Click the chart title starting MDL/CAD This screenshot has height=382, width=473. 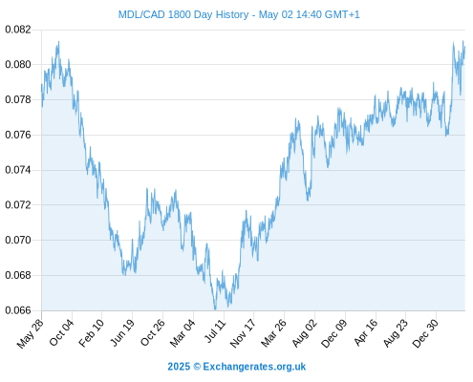[239, 14]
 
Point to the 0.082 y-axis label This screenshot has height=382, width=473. [18, 30]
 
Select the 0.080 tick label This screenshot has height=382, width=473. [18, 65]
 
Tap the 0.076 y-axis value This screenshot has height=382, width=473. [18, 135]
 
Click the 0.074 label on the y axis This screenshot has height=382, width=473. [18, 170]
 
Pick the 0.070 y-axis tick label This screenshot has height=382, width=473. [18, 240]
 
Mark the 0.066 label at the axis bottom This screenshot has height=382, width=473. [18, 310]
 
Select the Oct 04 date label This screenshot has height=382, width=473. [61, 332]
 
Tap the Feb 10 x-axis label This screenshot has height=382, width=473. [92, 332]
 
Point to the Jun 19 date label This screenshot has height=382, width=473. [122, 332]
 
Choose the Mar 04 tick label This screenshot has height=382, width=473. [183, 333]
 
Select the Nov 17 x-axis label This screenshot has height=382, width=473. [243, 333]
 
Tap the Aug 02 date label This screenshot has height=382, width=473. [305, 333]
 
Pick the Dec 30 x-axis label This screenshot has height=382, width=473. [425, 333]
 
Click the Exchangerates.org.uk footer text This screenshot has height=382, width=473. [254, 367]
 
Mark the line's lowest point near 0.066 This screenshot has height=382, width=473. [215, 308]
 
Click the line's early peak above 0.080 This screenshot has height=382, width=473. [58, 42]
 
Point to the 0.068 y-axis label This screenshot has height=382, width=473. [18, 275]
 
